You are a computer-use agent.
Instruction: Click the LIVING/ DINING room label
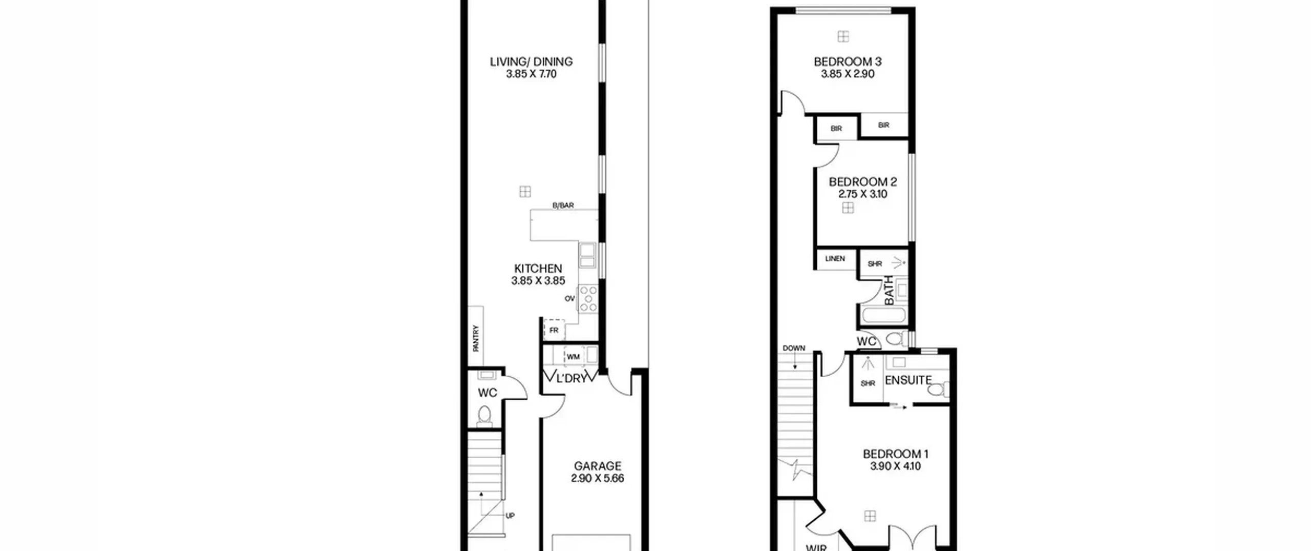click(x=531, y=62)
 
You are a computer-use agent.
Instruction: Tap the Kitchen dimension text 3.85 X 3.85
click(x=538, y=281)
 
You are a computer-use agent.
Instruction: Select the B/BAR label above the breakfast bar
click(x=563, y=206)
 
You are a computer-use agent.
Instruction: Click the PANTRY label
click(x=476, y=338)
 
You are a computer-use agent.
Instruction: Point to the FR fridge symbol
click(x=554, y=330)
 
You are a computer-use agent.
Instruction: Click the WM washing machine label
click(x=573, y=357)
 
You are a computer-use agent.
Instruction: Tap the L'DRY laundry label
click(x=570, y=379)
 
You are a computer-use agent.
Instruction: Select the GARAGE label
click(x=597, y=466)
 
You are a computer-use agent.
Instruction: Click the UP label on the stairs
click(x=510, y=516)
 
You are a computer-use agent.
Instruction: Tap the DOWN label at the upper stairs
click(x=794, y=348)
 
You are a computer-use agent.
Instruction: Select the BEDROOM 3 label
click(x=848, y=62)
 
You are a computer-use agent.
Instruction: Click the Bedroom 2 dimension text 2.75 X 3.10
click(x=862, y=194)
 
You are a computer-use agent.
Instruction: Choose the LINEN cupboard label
click(x=835, y=259)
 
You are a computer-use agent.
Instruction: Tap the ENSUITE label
click(x=908, y=380)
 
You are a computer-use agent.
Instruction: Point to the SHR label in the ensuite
click(x=868, y=383)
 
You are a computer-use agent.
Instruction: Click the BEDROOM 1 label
click(x=895, y=454)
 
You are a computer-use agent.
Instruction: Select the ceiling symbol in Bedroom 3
click(x=843, y=36)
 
